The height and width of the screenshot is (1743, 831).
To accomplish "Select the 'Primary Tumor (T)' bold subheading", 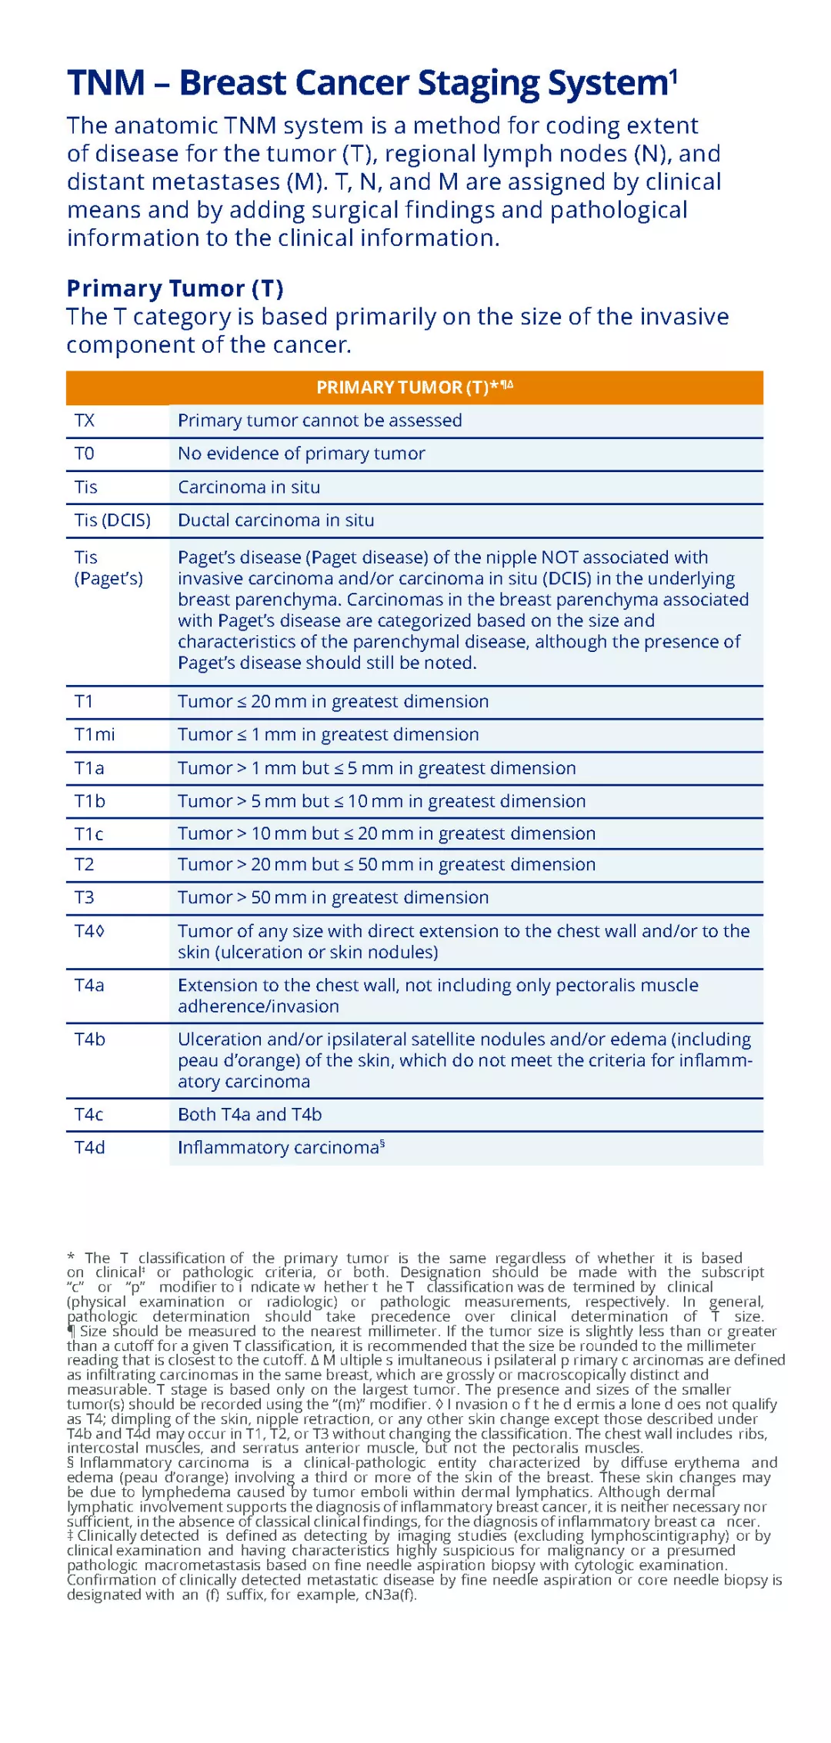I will (175, 288).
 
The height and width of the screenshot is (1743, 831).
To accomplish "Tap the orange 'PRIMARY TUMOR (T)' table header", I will (414, 387).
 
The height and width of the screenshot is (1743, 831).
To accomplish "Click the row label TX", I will (85, 421).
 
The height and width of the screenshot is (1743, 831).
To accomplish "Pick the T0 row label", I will (85, 454).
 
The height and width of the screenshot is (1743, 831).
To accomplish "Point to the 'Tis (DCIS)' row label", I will (112, 521).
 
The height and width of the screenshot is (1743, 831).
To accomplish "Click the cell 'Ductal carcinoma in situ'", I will (275, 521).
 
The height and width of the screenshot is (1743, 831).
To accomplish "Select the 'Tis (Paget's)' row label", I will (108, 567).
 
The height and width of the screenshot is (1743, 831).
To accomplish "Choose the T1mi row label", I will (94, 734).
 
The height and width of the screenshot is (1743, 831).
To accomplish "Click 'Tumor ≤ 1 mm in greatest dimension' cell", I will (328, 734).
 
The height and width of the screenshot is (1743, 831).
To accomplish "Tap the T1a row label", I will (89, 768).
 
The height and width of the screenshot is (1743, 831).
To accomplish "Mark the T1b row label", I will (89, 801).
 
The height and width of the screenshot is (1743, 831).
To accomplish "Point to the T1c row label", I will (88, 834).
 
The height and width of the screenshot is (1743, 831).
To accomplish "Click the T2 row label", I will (84, 864).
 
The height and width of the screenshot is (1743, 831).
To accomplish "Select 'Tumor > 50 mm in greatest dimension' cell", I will (332, 897).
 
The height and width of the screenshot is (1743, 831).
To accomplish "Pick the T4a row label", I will (89, 985).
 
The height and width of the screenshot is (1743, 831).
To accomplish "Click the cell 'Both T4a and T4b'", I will (249, 1114).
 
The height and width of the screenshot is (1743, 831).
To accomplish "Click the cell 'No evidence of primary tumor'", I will (301, 454).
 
